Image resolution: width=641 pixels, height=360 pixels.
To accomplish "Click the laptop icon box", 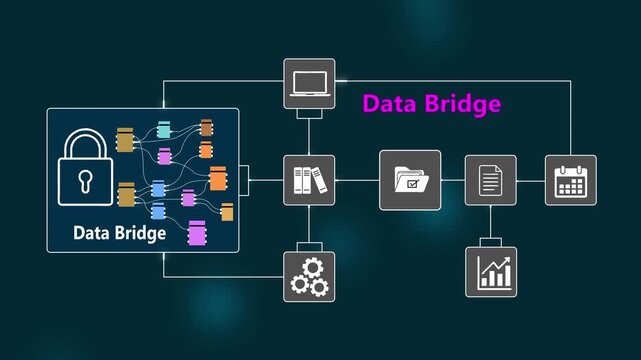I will (x=309, y=83).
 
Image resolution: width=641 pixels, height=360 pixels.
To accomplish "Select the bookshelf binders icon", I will (x=309, y=180).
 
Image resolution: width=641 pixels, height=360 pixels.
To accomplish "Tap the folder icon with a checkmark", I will (x=410, y=180).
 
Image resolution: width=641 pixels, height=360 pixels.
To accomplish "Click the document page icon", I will (x=490, y=180).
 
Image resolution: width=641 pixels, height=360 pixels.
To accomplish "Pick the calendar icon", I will (x=570, y=180).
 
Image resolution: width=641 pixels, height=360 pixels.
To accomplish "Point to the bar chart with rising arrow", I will (x=490, y=271).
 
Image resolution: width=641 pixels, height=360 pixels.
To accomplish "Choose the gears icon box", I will (x=309, y=275).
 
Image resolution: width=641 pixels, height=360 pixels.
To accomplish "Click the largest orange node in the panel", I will (x=218, y=179).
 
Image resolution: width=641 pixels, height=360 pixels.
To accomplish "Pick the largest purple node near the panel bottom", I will (x=197, y=233).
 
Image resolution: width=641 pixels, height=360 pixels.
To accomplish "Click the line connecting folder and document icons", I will (x=453, y=180).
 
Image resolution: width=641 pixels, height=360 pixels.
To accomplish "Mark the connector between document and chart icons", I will (x=490, y=224).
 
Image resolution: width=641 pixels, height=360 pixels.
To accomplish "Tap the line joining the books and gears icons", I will (x=309, y=225).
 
